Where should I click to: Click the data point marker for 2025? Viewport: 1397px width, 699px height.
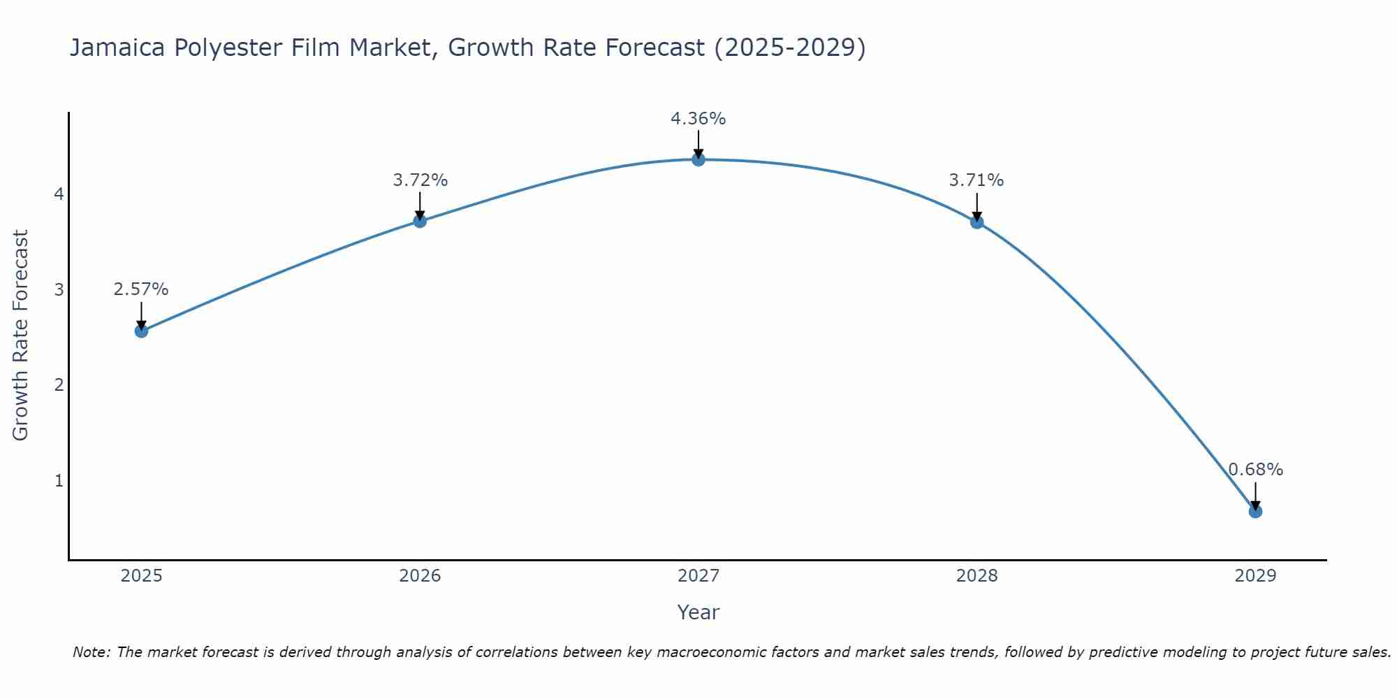click(141, 331)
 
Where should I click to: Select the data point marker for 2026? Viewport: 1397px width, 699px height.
click(420, 221)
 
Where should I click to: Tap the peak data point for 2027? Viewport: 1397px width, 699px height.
click(698, 159)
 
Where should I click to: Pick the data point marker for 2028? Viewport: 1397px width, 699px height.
click(977, 222)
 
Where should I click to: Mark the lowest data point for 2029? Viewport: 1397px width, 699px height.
click(1255, 511)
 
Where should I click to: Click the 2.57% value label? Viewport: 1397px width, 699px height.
click(141, 289)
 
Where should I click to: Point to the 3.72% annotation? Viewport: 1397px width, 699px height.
click(420, 180)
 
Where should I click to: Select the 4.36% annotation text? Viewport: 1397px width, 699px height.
click(698, 119)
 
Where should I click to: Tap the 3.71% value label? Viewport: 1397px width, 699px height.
click(977, 180)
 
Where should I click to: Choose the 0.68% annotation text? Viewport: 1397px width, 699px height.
click(1255, 470)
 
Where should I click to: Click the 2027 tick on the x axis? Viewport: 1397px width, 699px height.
click(698, 576)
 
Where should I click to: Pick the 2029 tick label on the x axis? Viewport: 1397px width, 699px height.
click(1255, 576)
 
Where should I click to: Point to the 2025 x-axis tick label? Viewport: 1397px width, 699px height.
click(141, 576)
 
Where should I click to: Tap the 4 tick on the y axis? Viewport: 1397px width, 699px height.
click(59, 194)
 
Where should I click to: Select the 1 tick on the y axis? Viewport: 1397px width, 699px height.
click(59, 481)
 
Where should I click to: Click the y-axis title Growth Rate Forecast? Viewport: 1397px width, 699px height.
click(21, 336)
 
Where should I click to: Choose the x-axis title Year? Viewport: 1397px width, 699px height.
click(698, 612)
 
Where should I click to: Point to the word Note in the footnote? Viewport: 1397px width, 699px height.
click(91, 652)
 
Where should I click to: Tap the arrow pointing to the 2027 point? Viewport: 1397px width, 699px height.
click(698, 144)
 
